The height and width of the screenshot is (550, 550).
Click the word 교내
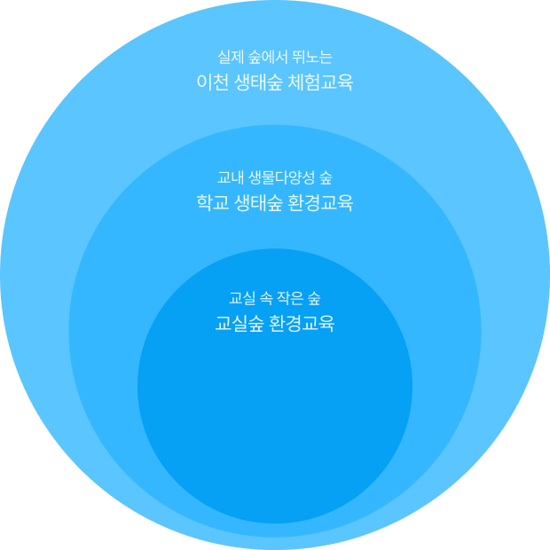coord(230,177)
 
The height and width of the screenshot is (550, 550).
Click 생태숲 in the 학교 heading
coord(259,203)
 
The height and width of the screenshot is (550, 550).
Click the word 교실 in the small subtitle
coord(241,296)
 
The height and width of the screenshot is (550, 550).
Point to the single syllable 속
coord(266,296)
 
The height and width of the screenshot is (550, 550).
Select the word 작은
coord(289,296)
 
